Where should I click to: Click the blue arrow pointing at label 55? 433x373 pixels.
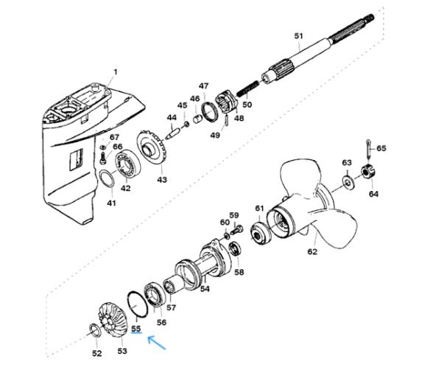(157, 343)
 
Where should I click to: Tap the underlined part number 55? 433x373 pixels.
(136, 329)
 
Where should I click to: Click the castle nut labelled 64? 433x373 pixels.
(368, 172)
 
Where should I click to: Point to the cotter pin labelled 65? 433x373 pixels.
(368, 150)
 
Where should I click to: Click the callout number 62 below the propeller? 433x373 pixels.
(312, 251)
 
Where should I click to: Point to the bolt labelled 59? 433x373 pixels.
(236, 230)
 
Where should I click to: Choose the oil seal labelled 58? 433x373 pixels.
(236, 248)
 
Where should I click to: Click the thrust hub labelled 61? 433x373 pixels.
(261, 231)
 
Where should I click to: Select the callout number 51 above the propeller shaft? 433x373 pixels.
(298, 36)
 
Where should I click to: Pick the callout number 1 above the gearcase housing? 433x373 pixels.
(116, 72)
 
